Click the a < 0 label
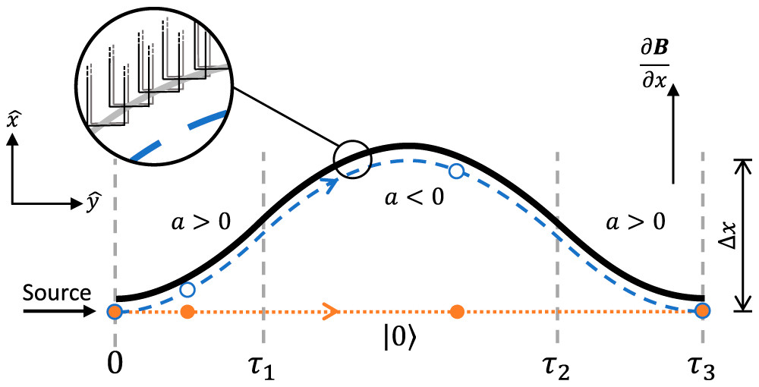click(x=413, y=199)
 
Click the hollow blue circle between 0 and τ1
click(x=188, y=290)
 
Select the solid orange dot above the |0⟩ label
click(x=456, y=310)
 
